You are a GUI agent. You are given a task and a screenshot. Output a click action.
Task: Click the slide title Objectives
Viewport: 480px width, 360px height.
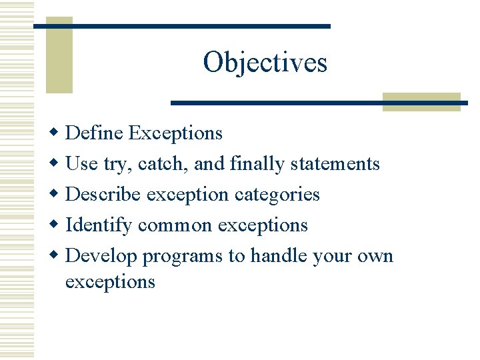point(265,63)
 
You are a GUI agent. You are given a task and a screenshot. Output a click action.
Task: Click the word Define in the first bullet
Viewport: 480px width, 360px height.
point(95,133)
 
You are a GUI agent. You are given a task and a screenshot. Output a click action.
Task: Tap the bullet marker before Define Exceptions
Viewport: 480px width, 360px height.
point(57,133)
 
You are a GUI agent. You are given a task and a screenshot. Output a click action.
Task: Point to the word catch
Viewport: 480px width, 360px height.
point(157,163)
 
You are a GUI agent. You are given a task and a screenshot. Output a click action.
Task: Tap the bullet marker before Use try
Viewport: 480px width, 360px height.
point(57,163)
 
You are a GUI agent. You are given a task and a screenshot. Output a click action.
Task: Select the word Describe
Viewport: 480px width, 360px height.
point(103,194)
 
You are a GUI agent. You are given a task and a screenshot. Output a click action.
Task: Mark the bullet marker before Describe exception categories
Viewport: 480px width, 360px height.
point(57,194)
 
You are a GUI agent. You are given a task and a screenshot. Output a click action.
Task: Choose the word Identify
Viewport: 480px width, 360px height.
point(99,225)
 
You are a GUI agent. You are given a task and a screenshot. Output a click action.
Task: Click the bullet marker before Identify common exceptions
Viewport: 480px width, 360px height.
point(57,225)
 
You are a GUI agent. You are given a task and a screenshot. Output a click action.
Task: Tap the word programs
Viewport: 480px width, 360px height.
point(183,257)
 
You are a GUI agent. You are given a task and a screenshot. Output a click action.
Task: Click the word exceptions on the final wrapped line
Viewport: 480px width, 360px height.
point(110,282)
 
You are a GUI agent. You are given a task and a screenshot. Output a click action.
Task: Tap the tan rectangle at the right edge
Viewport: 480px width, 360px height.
point(422,101)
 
